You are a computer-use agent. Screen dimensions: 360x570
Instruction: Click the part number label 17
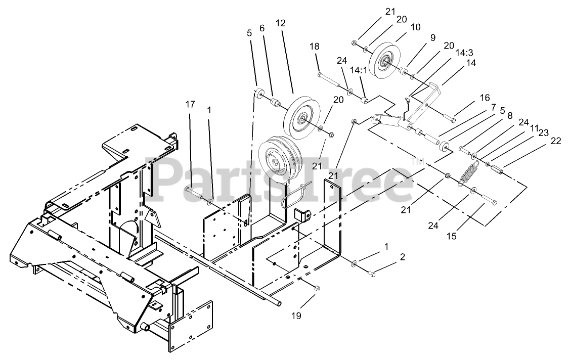click(x=190, y=105)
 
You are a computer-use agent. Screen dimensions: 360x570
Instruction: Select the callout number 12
click(x=281, y=23)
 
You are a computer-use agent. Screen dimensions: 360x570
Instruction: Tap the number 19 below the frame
click(x=296, y=316)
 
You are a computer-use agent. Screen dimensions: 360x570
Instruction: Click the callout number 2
click(x=403, y=257)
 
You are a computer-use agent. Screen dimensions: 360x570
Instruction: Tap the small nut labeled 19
click(x=317, y=288)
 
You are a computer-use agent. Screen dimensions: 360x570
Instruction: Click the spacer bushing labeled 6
click(x=275, y=104)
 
